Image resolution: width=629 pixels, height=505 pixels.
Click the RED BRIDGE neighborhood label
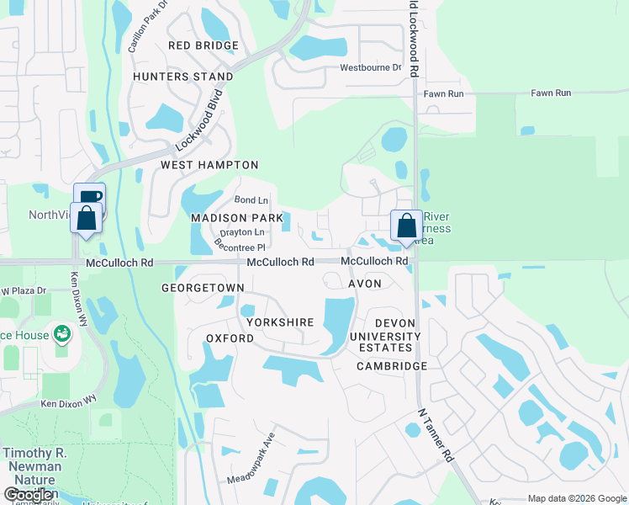click(203, 45)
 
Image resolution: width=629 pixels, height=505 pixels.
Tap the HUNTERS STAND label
click(183, 77)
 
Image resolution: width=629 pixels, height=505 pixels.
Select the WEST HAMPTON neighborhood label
click(209, 165)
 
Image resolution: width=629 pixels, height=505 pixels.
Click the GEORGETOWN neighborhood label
click(203, 288)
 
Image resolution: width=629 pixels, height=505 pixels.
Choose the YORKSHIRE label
click(280, 322)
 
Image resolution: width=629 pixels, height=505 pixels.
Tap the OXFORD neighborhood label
click(230, 338)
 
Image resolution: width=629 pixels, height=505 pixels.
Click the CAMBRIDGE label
click(392, 366)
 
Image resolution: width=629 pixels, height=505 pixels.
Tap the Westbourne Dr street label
click(370, 68)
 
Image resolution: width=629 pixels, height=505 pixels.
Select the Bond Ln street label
click(251, 200)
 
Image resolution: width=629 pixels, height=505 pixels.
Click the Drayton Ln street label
click(241, 232)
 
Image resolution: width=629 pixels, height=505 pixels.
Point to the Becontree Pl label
click(240, 246)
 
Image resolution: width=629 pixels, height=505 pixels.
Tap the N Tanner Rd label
click(436, 437)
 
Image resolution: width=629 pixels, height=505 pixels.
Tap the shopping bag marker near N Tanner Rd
click(406, 226)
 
